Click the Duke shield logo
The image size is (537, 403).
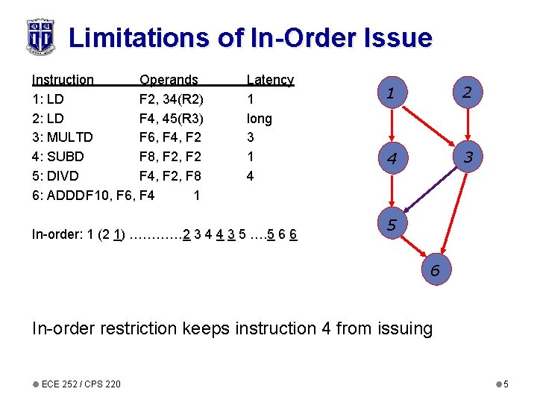pyautogui.click(x=41, y=36)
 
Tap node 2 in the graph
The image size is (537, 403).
pyautogui.click(x=466, y=93)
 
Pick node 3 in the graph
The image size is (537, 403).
pyautogui.click(x=468, y=157)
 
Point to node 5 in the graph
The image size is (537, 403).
pyautogui.click(x=391, y=222)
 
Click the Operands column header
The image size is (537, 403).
pyautogui.click(x=169, y=80)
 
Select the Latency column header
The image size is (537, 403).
pyautogui.click(x=270, y=80)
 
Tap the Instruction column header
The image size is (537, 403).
pyautogui.click(x=63, y=80)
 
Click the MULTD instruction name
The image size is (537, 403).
pyautogui.click(x=69, y=137)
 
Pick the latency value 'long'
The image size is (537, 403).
pyautogui.click(x=259, y=119)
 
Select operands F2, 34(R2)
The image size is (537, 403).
pyautogui.click(x=172, y=99)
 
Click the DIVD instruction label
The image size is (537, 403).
pyautogui.click(x=63, y=176)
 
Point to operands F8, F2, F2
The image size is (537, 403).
pyautogui.click(x=170, y=157)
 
